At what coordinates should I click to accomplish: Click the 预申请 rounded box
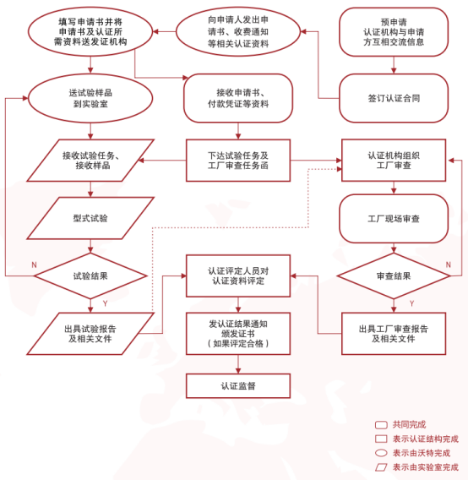394,32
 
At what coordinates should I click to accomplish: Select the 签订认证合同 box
394,98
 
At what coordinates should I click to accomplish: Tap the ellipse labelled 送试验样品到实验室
90,98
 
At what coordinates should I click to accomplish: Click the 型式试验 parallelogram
90,218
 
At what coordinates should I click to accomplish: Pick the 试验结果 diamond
90,275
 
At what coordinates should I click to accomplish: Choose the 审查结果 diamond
394,275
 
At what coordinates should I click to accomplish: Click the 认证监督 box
238,385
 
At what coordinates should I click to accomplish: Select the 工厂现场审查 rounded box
394,219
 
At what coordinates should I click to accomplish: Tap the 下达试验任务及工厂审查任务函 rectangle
238,161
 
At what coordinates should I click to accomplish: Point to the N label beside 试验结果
34,265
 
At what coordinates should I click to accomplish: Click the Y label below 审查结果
411,303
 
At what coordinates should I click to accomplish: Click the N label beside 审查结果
448,265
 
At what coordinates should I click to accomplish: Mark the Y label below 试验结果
105,303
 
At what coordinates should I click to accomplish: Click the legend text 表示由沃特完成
422,453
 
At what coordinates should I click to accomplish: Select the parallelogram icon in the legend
381,467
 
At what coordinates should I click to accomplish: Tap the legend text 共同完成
409,424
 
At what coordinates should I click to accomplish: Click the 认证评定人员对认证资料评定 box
238,275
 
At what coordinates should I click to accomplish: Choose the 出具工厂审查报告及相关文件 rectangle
394,334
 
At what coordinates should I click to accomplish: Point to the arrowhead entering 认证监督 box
238,371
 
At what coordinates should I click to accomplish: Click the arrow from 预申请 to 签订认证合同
394,65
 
